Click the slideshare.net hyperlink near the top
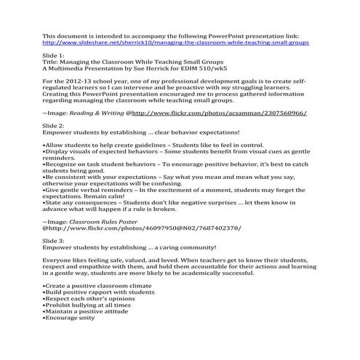click(x=175, y=42)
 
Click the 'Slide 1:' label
click(x=55, y=57)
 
